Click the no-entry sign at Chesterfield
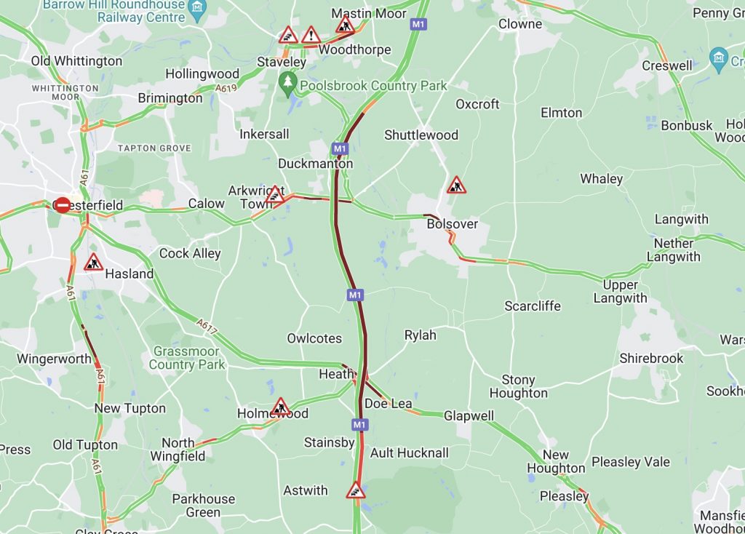tap(63, 205)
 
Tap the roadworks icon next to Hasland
tap(93, 263)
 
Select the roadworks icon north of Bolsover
tap(456, 186)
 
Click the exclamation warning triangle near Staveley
tap(311, 35)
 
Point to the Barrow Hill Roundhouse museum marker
tap(197, 8)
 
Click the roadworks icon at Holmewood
tap(280, 407)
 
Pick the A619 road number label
tap(226, 88)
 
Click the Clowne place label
tap(520, 24)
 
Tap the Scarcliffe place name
tap(533, 306)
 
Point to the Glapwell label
tap(469, 416)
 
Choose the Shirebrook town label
tap(651, 358)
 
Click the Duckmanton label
tap(315, 164)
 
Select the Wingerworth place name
tap(54, 359)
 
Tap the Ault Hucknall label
tap(410, 453)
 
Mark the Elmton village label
tap(561, 113)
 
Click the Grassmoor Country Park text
tap(187, 358)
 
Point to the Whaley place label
tap(601, 179)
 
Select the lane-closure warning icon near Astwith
tap(355, 490)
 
